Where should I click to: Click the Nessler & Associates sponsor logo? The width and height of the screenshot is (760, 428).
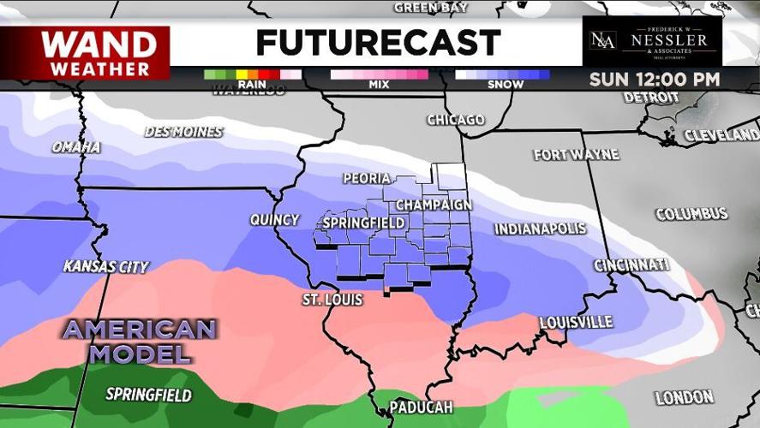[652, 41]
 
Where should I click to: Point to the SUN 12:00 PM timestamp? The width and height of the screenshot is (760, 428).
[654, 80]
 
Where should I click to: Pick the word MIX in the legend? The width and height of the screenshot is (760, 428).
[379, 84]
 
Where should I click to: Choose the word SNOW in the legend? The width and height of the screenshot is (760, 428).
[505, 84]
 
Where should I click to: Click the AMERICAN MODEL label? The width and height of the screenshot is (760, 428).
[139, 341]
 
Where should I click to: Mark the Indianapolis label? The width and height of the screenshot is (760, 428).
[540, 229]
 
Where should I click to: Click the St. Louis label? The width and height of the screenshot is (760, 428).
[332, 300]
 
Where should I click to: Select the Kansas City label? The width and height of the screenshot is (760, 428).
[106, 267]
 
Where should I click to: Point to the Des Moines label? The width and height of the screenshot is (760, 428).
[183, 132]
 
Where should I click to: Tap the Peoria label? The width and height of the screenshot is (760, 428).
[367, 179]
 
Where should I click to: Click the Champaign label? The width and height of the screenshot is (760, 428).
[434, 205]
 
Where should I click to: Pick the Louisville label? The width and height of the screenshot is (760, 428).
[576, 322]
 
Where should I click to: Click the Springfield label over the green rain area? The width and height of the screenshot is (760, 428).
[149, 395]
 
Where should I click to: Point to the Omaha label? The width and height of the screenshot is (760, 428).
[75, 147]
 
